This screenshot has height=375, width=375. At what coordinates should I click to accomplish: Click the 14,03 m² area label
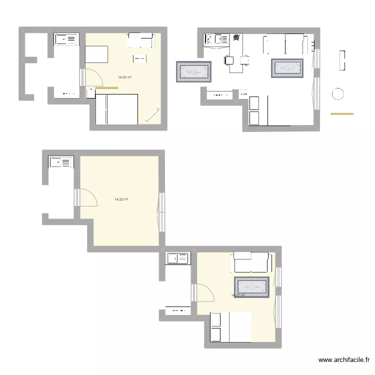[124, 77]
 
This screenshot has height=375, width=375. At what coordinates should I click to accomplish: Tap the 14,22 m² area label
[121, 199]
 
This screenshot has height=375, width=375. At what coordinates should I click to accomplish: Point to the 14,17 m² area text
[238, 295]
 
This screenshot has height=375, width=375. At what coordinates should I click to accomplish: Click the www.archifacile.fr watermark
[344, 360]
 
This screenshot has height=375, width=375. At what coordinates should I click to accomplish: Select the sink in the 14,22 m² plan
[60, 162]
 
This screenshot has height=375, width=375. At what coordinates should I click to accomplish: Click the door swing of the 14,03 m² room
[91, 78]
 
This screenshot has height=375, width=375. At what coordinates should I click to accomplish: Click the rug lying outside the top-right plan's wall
[193, 71]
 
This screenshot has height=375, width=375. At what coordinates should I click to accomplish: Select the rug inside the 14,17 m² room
[252, 286]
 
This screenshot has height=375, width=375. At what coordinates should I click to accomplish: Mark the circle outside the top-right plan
[338, 93]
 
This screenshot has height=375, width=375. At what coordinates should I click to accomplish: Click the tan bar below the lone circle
[342, 114]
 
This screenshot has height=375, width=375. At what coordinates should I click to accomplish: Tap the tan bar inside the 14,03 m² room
[106, 88]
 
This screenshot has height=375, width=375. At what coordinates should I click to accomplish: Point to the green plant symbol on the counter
[236, 37]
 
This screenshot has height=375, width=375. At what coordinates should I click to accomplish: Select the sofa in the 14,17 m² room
[251, 262]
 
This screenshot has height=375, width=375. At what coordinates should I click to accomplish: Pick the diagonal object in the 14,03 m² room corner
[152, 114]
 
